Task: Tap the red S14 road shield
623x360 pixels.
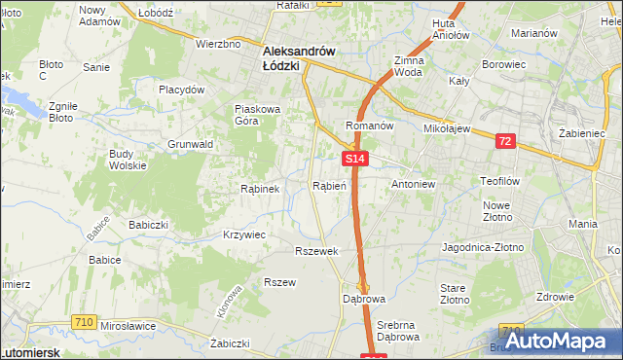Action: tap(354, 159)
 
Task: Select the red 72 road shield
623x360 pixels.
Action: tap(504, 141)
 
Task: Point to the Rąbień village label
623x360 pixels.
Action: tap(329, 185)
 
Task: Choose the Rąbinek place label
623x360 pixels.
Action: tap(260, 189)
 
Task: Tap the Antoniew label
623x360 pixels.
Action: tap(413, 184)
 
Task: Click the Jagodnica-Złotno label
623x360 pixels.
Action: tap(483, 247)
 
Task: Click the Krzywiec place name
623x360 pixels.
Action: tap(243, 234)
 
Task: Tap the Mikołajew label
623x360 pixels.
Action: tap(448, 127)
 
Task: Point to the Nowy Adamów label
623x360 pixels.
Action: tap(98, 16)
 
